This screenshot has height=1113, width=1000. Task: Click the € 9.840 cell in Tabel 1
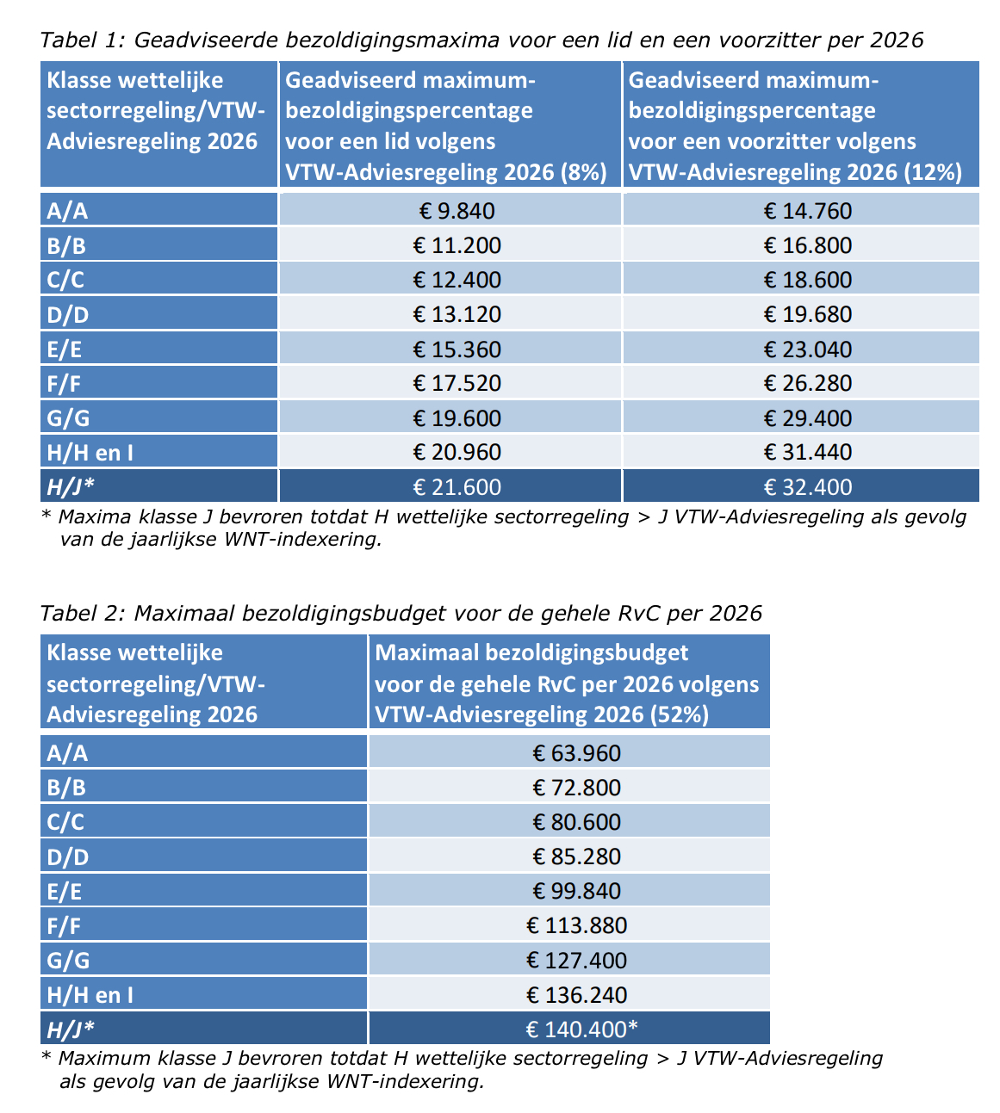click(454, 211)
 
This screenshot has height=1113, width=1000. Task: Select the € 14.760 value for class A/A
click(807, 211)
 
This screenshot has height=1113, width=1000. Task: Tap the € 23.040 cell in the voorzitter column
click(807, 349)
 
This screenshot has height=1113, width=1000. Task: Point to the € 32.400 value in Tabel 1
click(807, 486)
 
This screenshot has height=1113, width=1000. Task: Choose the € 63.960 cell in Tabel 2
click(576, 753)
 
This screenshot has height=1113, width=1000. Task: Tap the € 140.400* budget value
click(581, 1029)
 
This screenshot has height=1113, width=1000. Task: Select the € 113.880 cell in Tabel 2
click(576, 925)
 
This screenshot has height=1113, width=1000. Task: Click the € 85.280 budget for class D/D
click(576, 856)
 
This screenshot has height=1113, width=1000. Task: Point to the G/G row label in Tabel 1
click(68, 418)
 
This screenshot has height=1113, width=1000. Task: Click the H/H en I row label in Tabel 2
click(90, 995)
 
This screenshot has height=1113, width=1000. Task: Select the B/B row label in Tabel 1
click(66, 246)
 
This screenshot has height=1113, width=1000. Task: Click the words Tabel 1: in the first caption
click(82, 40)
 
